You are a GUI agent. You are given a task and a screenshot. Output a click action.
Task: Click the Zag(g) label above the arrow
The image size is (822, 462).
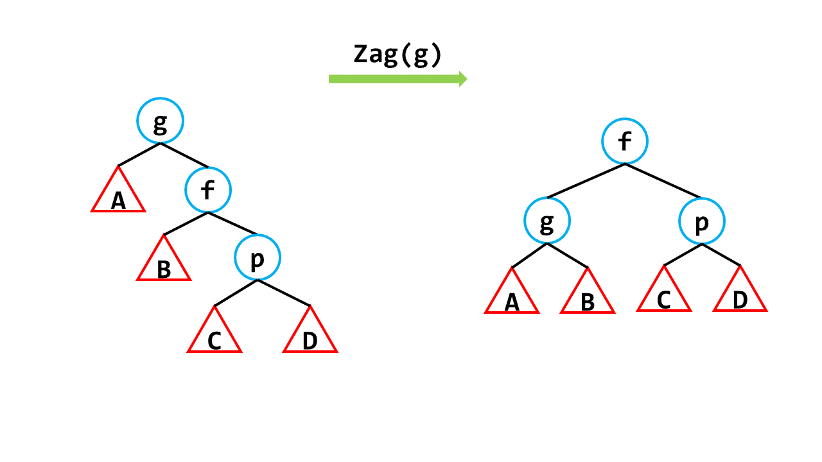coord(398,55)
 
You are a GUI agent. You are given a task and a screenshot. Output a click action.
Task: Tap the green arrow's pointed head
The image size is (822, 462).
coord(463,79)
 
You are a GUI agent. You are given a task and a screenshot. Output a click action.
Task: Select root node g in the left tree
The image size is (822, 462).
coord(160,121)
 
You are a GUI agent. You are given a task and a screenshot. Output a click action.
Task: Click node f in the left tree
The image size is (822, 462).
coord(208,190)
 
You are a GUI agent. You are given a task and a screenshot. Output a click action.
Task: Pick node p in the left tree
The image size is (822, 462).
coord(257,258)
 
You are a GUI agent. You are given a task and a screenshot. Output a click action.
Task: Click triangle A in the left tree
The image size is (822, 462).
coord(118,196)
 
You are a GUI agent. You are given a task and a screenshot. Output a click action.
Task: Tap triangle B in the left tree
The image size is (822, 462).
coord(164,264)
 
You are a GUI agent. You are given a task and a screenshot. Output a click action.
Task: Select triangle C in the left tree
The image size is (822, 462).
coord(214,336)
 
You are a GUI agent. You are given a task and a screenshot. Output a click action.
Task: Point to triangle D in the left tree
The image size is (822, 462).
coord(310,336)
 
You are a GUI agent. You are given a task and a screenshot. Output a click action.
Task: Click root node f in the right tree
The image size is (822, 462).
coord(625,142)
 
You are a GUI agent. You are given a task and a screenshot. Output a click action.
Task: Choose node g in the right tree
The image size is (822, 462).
coord(547,221)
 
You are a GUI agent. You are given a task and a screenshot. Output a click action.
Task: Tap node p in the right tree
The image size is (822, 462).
coord(702,221)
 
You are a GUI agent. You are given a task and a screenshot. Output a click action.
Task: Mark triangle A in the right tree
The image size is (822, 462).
coord(512,297)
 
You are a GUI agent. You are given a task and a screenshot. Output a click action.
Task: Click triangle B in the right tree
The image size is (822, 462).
coord(588,297)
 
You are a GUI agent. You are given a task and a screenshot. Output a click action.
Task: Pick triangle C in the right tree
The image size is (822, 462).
coord(664,295)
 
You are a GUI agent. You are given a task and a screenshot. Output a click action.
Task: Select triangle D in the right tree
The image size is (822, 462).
coord(740,295)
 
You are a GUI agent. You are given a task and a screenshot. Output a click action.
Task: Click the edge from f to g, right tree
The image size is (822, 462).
coord(586,181)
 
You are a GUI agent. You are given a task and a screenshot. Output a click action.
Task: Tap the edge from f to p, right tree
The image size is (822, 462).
coord(663,181)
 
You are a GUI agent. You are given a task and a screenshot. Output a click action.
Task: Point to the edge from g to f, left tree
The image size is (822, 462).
coord(184,155)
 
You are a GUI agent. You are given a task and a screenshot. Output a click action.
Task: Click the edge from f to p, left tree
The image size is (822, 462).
coord(232,223)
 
